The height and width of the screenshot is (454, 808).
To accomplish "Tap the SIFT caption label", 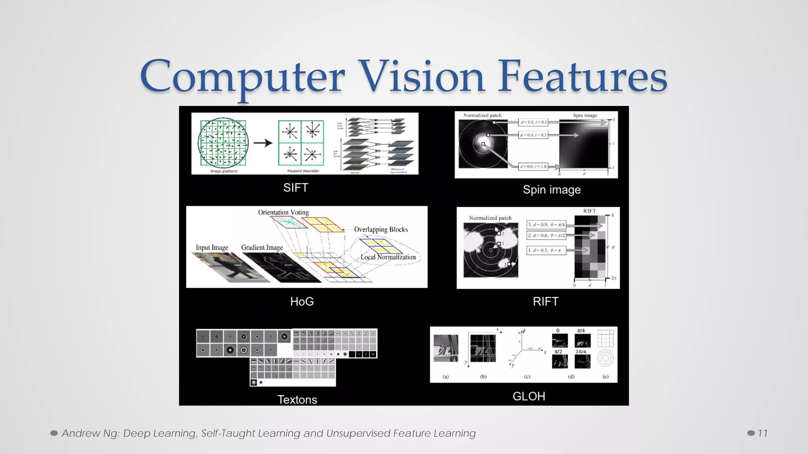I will point(296,188).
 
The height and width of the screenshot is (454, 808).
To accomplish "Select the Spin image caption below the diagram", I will point(552,190).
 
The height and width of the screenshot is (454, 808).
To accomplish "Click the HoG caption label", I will point(302,301).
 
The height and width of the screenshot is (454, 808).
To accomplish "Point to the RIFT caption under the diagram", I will point(545,301).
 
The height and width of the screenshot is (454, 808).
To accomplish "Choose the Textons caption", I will point(297,400).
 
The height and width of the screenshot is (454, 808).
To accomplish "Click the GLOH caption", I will point(529,396).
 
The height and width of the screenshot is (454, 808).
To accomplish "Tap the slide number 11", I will point(762,433).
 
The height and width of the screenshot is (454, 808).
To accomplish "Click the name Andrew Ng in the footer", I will point(90,433).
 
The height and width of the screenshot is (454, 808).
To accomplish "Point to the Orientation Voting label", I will point(283,212).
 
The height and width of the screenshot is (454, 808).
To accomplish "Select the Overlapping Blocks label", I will point(381,229).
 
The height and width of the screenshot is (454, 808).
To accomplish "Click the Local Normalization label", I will point(388,257).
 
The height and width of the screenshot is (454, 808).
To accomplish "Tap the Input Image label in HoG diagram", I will point(212,247).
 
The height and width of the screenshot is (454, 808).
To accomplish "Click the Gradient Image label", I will point(262,247).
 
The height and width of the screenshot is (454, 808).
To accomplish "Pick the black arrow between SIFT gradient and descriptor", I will point(263,143).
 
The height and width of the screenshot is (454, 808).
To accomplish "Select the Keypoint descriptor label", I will point(303,171).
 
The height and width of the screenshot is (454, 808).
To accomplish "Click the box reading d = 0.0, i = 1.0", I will point(533,167).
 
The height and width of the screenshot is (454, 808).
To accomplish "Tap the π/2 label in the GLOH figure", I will point(558,351).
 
